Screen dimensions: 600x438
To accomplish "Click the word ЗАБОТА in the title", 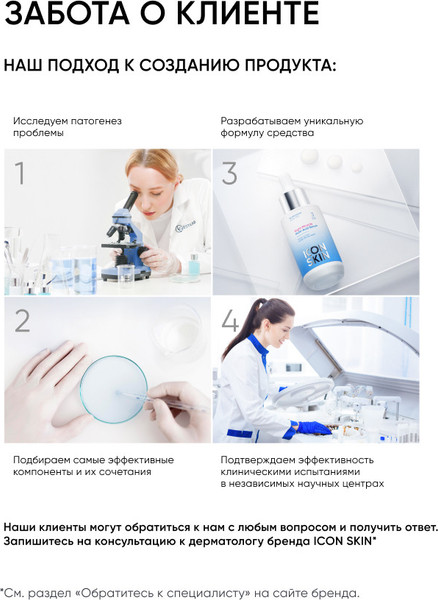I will pos(62,15).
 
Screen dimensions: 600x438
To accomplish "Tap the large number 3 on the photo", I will pos(230,174).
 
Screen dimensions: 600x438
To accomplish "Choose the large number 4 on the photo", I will pos(231,322).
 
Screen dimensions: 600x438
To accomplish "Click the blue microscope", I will pos(125,240).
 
